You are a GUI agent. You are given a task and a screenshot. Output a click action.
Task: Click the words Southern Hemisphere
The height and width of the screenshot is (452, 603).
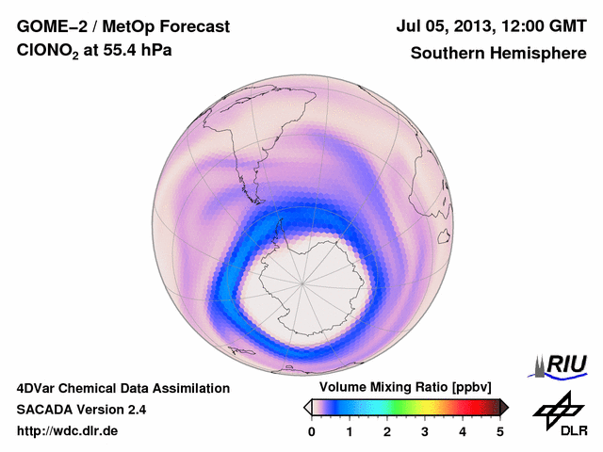pyautogui.click(x=497, y=54)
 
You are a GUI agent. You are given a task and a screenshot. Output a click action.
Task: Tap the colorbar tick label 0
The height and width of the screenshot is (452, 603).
pyautogui.click(x=312, y=431)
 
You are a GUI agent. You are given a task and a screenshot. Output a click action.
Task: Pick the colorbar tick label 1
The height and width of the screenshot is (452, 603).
pyautogui.click(x=350, y=431)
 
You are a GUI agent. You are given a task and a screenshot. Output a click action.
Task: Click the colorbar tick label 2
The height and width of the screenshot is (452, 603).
pyautogui.click(x=387, y=431)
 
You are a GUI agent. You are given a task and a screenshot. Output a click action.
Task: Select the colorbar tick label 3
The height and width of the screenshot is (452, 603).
pyautogui.click(x=425, y=431)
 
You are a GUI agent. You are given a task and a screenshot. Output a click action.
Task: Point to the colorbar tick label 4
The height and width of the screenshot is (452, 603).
pyautogui.click(x=463, y=431)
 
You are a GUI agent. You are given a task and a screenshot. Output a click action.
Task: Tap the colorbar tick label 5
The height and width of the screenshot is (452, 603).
pyautogui.click(x=500, y=431)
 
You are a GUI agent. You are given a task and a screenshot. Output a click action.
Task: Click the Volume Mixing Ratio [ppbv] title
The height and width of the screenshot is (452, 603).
pyautogui.click(x=401, y=388)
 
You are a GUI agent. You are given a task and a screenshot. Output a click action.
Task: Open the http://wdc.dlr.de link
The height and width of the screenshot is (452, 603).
pyautogui.click(x=68, y=431)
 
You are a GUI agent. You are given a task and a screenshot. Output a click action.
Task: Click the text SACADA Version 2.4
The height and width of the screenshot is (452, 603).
pyautogui.click(x=81, y=410)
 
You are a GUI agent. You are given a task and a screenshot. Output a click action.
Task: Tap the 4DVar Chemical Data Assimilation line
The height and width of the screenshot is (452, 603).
pyautogui.click(x=122, y=388)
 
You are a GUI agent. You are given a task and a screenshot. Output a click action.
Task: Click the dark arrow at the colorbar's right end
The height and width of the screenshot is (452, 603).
pyautogui.click(x=504, y=407)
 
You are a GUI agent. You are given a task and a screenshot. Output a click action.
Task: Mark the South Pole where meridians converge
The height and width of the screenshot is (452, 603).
pyautogui.click(x=304, y=282)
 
